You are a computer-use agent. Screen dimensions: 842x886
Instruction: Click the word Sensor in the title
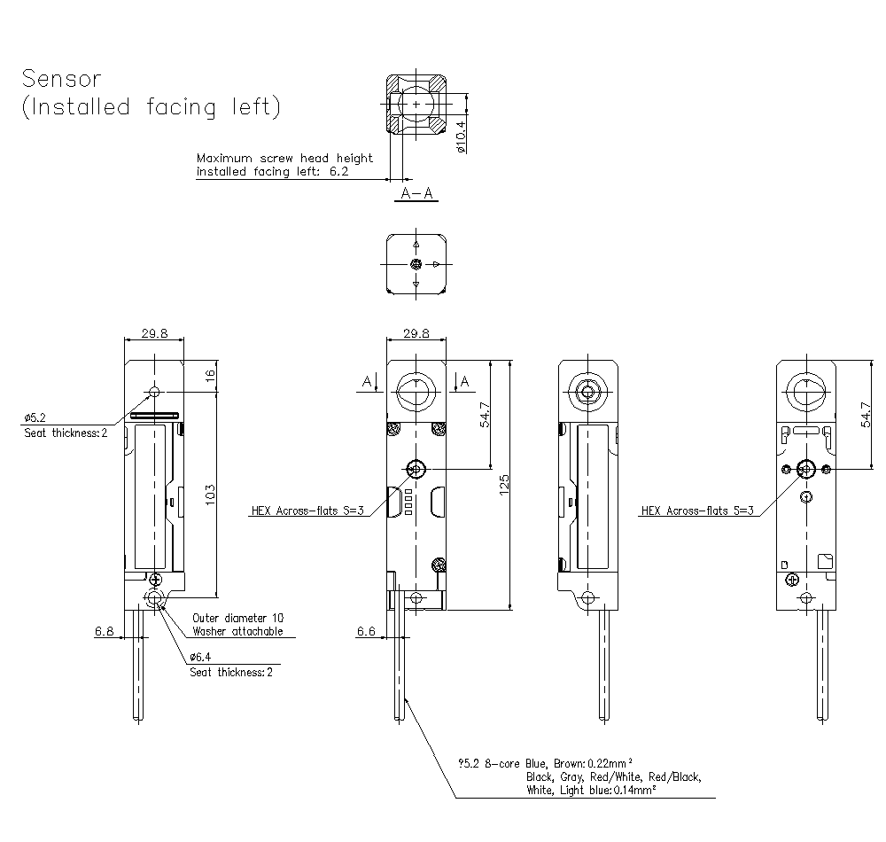click(63, 78)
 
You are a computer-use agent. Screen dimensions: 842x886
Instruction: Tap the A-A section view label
click(416, 194)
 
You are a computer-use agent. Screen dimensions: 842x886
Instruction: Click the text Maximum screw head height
click(284, 158)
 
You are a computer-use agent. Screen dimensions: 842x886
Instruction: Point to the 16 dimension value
click(210, 375)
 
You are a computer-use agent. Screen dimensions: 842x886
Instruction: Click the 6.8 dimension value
click(104, 631)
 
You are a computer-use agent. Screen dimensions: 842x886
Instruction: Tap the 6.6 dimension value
click(366, 631)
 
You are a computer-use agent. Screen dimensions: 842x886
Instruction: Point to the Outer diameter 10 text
click(238, 617)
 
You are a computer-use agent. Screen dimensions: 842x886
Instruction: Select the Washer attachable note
click(238, 631)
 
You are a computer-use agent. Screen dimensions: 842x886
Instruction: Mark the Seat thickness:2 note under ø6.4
click(232, 672)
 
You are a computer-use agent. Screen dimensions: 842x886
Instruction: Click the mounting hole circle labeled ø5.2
click(155, 391)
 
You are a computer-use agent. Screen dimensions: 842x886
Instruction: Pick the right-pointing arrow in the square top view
click(437, 263)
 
